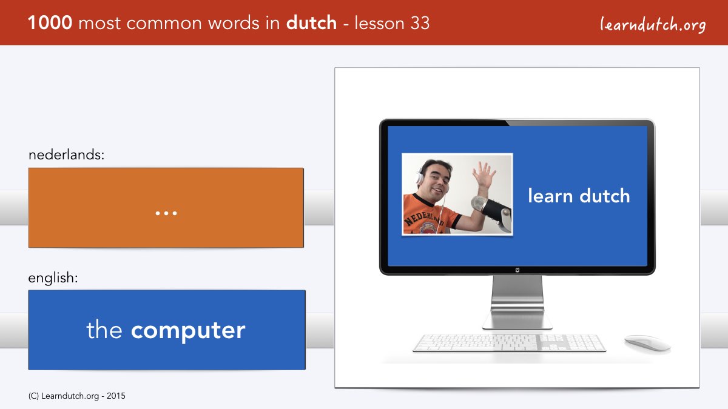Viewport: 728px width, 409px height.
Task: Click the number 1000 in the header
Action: click(50, 23)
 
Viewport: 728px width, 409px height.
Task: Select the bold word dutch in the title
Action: click(311, 23)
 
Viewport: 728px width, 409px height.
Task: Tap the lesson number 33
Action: click(420, 23)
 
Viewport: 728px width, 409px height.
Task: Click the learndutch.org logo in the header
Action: click(653, 25)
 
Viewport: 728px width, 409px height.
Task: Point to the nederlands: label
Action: click(66, 155)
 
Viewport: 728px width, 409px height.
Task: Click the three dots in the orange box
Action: click(166, 213)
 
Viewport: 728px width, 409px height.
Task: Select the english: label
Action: click(53, 278)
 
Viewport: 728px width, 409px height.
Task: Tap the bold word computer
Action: click(188, 331)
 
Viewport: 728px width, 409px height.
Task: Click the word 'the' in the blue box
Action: click(104, 329)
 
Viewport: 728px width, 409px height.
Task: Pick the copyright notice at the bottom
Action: click(76, 396)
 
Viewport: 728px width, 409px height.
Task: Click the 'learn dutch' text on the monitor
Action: click(579, 196)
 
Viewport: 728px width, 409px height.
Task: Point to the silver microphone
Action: click(491, 211)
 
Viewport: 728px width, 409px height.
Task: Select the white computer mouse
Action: click(647, 343)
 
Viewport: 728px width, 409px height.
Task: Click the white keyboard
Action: click(509, 343)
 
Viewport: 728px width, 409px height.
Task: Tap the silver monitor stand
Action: click(517, 302)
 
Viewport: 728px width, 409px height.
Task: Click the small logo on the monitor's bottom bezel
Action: click(517, 270)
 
